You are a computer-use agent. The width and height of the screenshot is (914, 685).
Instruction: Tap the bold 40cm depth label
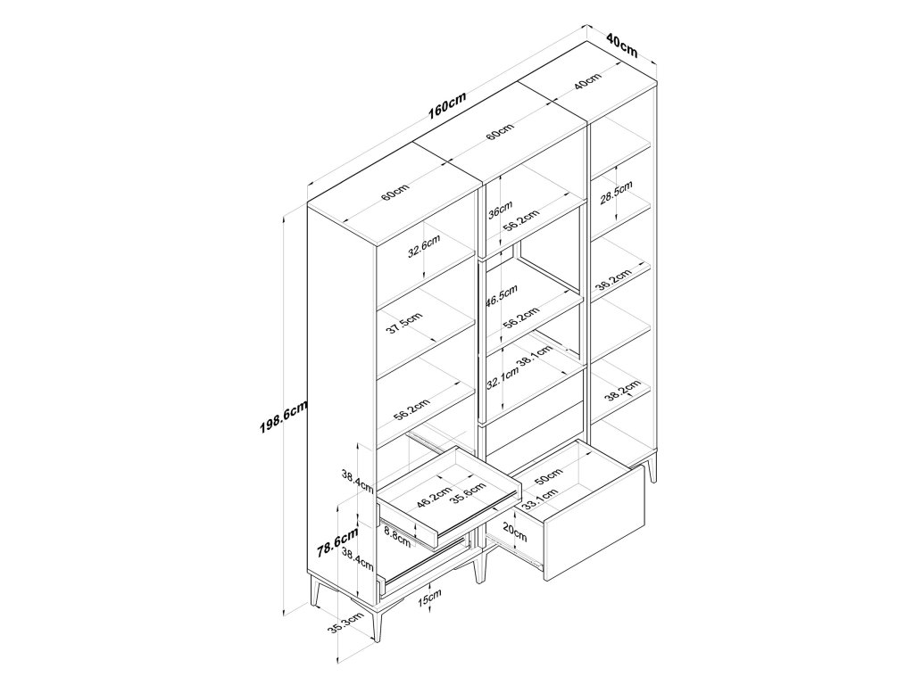click(621, 44)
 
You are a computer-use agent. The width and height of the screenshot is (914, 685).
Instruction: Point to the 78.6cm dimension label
click(340, 542)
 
